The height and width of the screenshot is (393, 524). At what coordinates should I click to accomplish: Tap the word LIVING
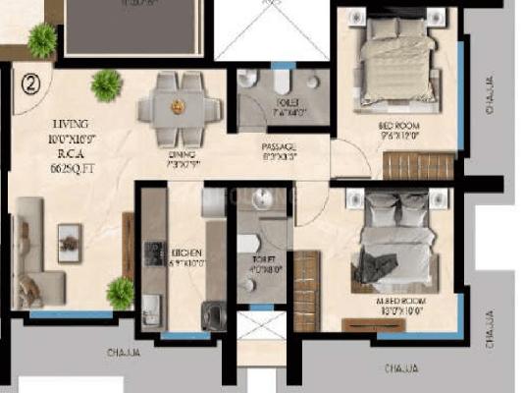71,124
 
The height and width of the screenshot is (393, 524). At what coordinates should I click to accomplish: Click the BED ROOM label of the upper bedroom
398,127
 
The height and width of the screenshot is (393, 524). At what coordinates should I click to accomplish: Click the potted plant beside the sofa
120,292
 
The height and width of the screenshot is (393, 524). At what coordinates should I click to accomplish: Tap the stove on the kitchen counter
152,253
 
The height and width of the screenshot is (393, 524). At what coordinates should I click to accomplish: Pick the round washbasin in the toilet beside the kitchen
262,200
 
